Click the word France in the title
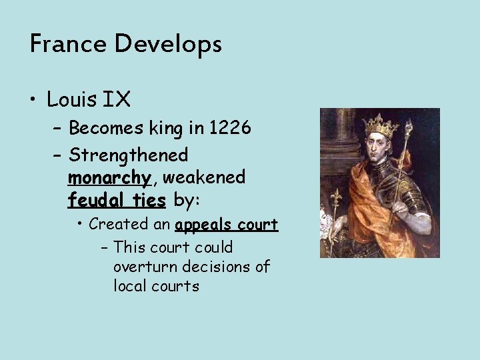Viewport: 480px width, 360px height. click(x=69, y=45)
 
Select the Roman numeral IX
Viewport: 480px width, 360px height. click(x=117, y=100)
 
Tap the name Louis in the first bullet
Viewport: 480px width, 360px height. click(x=71, y=100)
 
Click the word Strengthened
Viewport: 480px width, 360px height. click(x=128, y=155)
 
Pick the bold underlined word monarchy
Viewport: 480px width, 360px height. click(x=109, y=178)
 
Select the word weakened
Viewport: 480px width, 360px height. click(x=204, y=177)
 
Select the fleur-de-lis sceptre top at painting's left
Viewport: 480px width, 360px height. click(x=336, y=199)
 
